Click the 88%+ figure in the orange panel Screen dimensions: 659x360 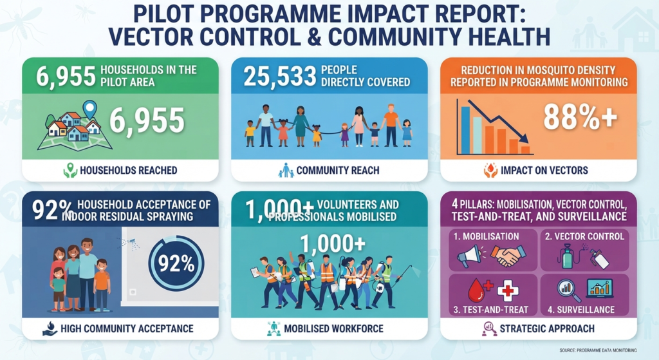pos(580,117)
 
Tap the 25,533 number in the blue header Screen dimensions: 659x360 pos(279,77)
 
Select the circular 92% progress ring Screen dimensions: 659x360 pos(176,263)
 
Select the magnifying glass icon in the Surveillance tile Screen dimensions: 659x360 pos(569,290)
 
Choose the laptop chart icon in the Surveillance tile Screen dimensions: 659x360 pos(600,289)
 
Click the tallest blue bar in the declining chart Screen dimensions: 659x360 pos(465,130)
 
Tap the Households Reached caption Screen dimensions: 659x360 pos(128,170)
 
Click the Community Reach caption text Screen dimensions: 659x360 pos(337,170)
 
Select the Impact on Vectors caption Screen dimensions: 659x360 pos(544,170)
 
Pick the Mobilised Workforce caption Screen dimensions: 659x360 pos(334,328)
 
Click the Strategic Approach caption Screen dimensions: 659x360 pos(547,328)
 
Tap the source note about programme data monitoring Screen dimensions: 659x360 pos(598,350)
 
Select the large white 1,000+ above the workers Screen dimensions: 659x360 pos(333,243)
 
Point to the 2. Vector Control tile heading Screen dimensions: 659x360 pos(584,236)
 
